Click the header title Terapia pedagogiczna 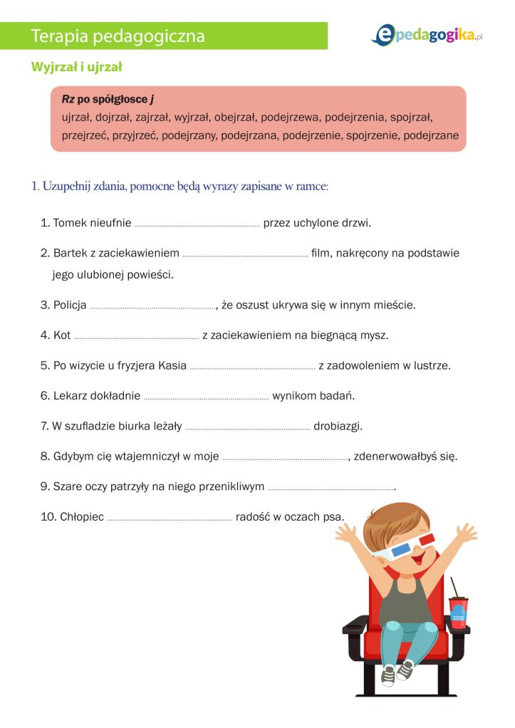(x=118, y=36)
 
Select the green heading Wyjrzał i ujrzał (x=77, y=67)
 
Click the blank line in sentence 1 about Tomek (x=197, y=224)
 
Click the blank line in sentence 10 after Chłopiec (x=170, y=518)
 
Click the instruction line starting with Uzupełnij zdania (x=180, y=187)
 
